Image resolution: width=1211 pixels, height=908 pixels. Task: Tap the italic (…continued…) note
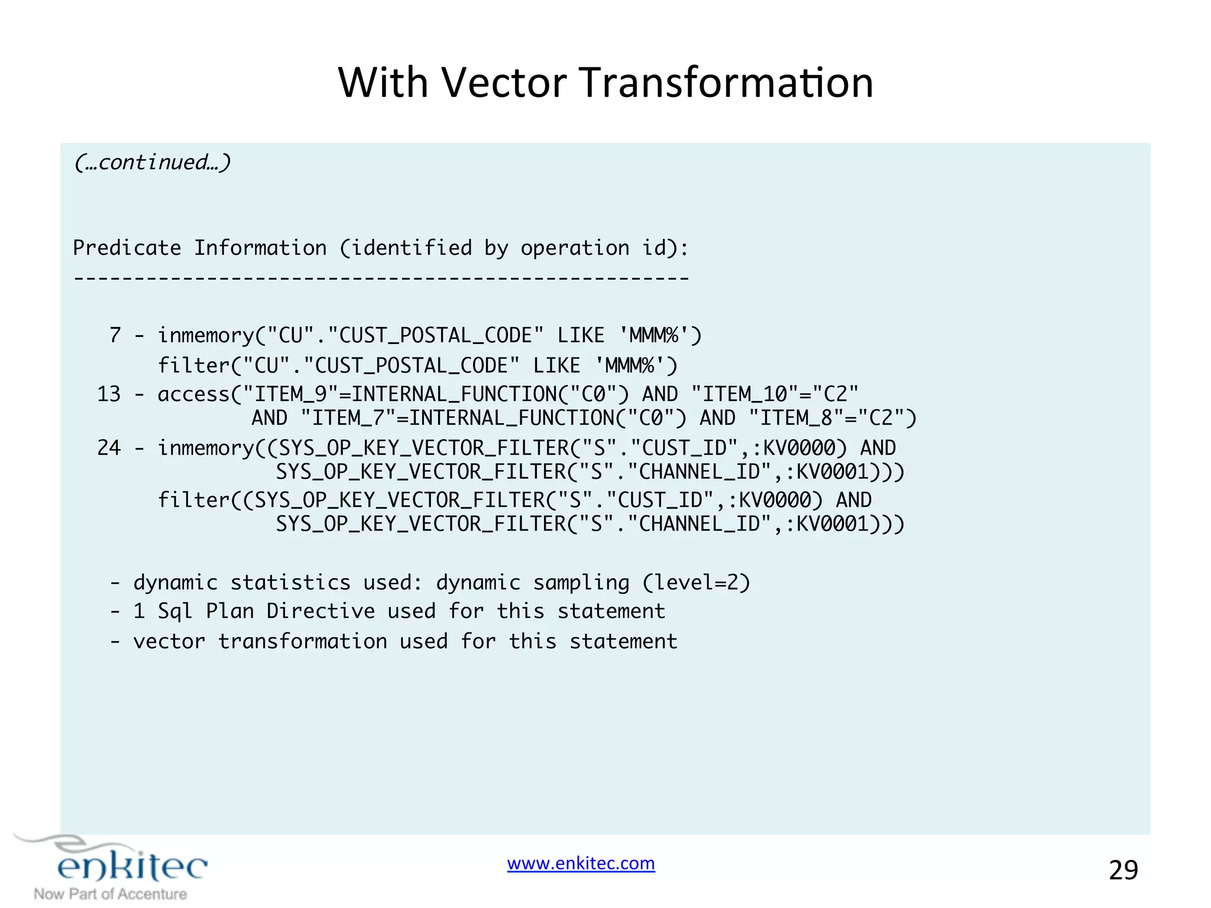coord(152,162)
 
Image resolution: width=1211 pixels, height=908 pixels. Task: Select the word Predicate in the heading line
coord(127,248)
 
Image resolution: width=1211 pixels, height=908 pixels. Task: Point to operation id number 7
coord(115,336)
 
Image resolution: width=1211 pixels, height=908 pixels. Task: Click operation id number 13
coord(109,394)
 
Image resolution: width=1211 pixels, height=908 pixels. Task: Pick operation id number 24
coord(109,448)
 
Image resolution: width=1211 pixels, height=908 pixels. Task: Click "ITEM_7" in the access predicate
coord(348,419)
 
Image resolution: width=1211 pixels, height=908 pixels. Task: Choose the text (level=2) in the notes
coord(696,583)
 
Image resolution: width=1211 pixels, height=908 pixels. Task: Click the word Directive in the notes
coord(320,611)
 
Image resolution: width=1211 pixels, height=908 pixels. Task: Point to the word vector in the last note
coord(169,641)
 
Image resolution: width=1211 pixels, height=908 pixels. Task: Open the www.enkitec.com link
coord(581,864)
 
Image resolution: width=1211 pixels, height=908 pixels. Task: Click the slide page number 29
coord(1123,870)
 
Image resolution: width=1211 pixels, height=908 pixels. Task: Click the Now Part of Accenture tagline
coord(111,894)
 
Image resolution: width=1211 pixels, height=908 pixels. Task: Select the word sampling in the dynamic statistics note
coord(581,583)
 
